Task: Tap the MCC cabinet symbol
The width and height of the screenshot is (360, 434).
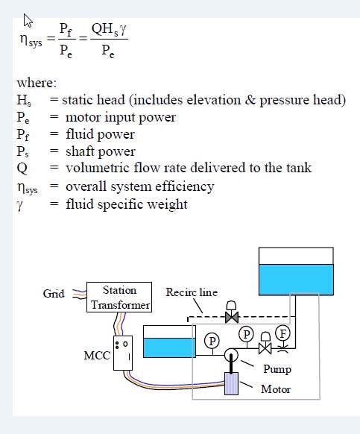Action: tap(123, 353)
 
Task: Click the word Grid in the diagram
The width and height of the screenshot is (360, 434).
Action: tap(54, 293)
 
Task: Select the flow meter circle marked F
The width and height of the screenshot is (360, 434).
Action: tap(282, 333)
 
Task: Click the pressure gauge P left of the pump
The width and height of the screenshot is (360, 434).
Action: tap(212, 341)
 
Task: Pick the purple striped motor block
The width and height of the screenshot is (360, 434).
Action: tap(231, 383)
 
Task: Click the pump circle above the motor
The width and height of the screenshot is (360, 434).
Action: tap(231, 354)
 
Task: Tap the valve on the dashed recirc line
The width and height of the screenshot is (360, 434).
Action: tap(232, 312)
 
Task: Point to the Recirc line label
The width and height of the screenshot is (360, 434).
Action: tap(192, 292)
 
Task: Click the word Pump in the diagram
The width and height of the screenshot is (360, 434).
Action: tap(277, 369)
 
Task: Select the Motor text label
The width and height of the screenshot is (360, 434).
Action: tap(276, 389)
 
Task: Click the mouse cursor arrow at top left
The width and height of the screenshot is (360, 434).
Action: tap(28, 21)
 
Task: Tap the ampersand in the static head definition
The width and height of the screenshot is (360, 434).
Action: tap(250, 100)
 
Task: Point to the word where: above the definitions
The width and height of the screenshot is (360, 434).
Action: tap(37, 83)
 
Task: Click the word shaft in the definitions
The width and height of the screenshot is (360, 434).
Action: tap(78, 151)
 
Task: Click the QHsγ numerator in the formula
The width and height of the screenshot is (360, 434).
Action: tap(109, 29)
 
